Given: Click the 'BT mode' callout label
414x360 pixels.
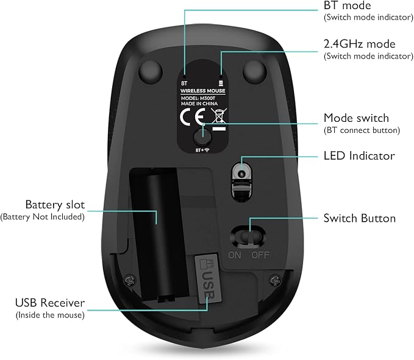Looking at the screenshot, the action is pyautogui.click(x=347, y=5).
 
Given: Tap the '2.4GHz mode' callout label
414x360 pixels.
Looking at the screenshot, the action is pyautogui.click(x=359, y=44).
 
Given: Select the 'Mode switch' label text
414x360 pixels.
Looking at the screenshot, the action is pyautogui.click(x=356, y=118).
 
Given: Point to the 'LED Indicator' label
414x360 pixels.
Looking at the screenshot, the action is pyautogui.click(x=359, y=155).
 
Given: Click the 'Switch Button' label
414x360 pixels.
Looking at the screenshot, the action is pyautogui.click(x=360, y=218).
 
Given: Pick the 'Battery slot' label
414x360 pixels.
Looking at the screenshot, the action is pyautogui.click(x=55, y=205).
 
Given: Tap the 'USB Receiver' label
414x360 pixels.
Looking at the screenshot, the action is pyautogui.click(x=50, y=303).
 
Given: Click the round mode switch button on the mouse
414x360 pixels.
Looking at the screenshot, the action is pyautogui.click(x=202, y=137).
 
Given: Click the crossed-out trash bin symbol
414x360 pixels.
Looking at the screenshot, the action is pyautogui.click(x=219, y=116).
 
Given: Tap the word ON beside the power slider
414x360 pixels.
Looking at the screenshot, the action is pyautogui.click(x=235, y=255).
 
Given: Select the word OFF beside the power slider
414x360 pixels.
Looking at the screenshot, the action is pyautogui.click(x=260, y=255).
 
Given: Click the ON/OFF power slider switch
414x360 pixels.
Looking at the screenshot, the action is pyautogui.click(x=248, y=236).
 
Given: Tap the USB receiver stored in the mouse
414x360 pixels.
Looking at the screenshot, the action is pyautogui.click(x=208, y=279).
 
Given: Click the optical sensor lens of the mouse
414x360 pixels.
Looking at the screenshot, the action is pyautogui.click(x=241, y=174).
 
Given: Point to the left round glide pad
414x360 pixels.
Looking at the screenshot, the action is pyautogui.click(x=150, y=72).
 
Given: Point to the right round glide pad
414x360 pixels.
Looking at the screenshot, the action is pyautogui.click(x=254, y=71).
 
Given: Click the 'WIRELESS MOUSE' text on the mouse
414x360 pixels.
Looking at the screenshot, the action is pyautogui.click(x=203, y=91).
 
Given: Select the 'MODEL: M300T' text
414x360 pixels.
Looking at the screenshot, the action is pyautogui.click(x=198, y=98).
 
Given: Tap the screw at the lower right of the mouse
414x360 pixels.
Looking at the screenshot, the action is pyautogui.click(x=275, y=280).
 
